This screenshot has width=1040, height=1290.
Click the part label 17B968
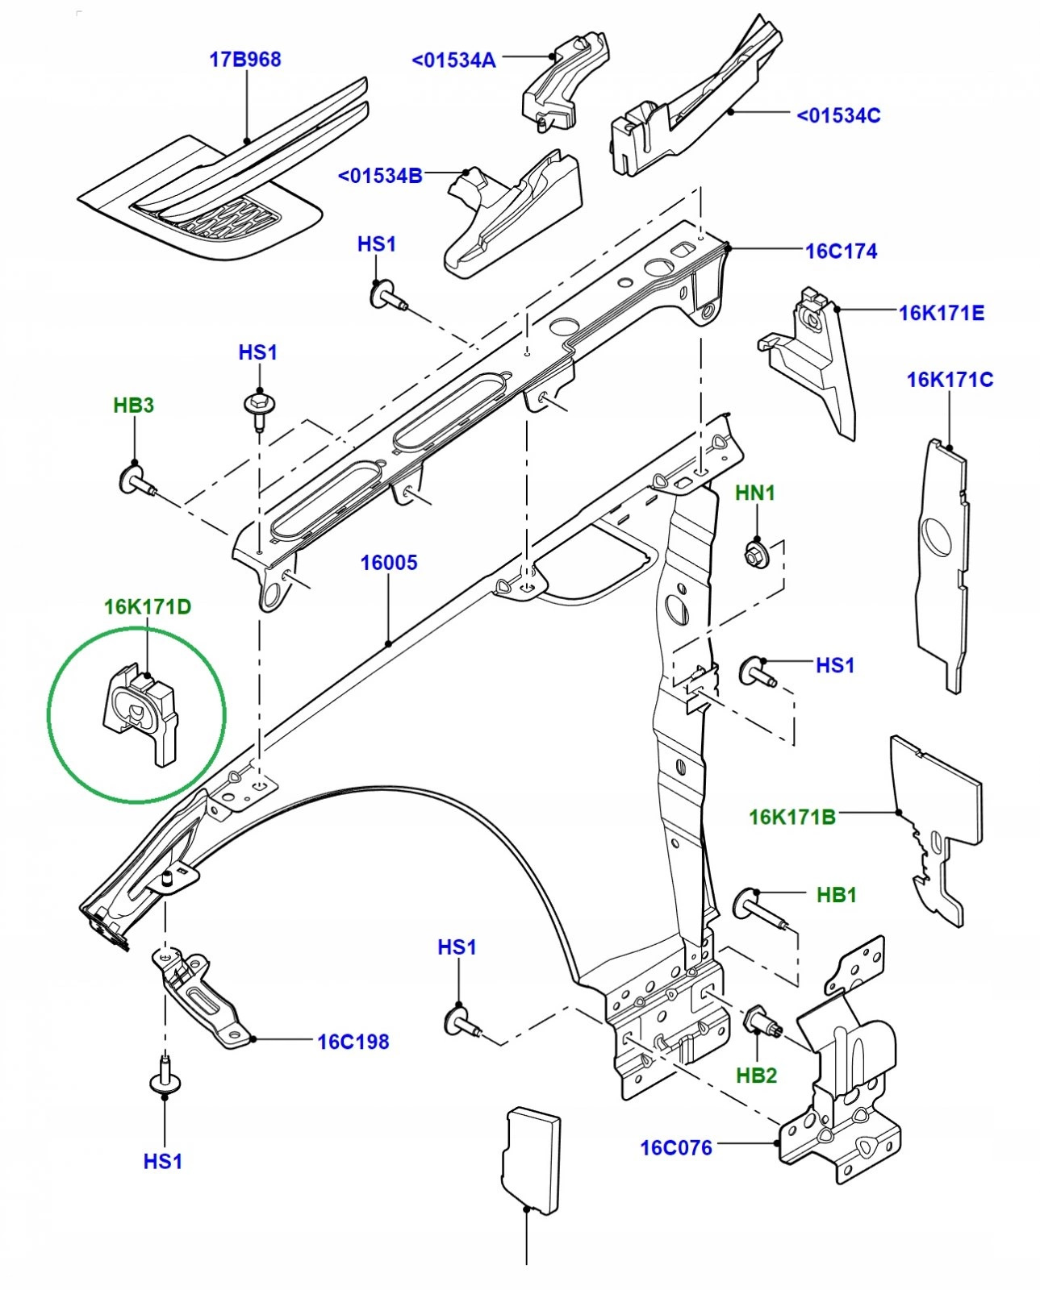[245, 60]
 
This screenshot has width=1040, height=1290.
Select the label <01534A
[453, 60]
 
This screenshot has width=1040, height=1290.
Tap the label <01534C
[838, 115]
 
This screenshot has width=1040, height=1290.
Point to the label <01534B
[380, 176]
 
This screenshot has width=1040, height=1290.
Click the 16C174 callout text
[841, 252]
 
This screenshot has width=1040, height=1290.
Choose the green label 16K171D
[148, 606]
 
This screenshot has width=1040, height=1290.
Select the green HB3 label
[133, 406]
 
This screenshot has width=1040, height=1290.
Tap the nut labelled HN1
[755, 554]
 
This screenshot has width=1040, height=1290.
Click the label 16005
[389, 563]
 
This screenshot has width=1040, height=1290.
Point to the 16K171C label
[950, 380]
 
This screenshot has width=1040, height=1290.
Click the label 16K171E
[942, 313]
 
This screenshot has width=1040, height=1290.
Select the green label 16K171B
[791, 818]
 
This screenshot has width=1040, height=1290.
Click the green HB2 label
[756, 1076]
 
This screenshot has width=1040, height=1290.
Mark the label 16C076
[676, 1147]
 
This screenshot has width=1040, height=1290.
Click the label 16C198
[353, 1042]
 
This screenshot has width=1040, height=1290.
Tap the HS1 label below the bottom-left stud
[163, 1161]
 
